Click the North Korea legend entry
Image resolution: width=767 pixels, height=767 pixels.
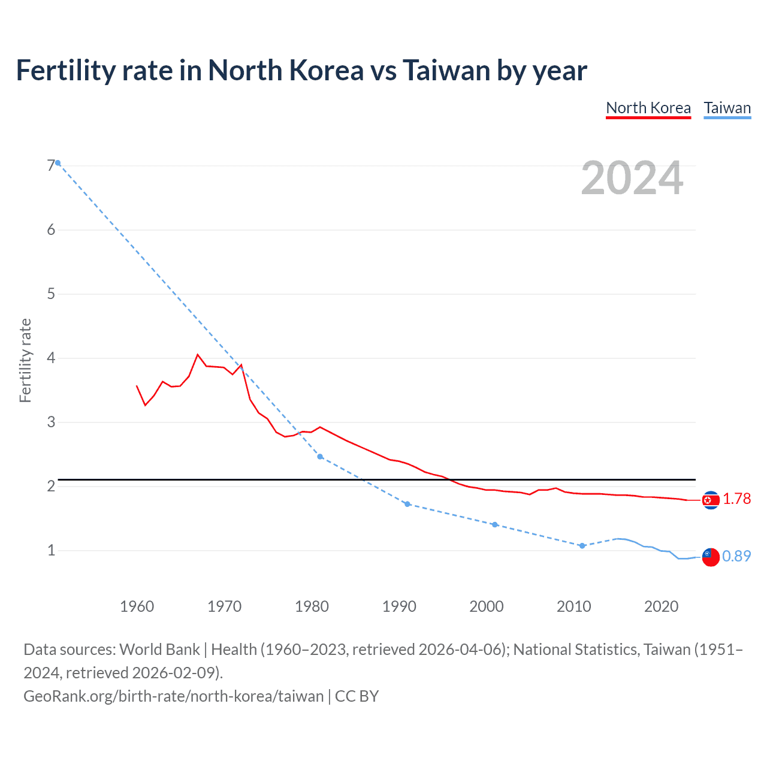coord(648,108)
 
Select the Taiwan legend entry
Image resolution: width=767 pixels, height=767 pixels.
coord(727,108)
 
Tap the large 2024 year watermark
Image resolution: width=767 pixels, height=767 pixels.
coord(632,178)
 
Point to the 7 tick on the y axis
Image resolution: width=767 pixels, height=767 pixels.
coord(51,166)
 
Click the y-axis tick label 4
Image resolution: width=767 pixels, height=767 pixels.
coord(51,358)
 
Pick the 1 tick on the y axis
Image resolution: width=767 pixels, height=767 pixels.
coord(51,550)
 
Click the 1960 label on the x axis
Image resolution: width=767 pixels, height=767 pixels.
coord(137,606)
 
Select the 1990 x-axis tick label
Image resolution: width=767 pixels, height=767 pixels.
coord(399,606)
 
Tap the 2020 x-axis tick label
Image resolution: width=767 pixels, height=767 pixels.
coord(661,606)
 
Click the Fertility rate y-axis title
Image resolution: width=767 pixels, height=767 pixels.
coord(25,361)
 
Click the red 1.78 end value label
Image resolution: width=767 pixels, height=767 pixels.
coord(736,499)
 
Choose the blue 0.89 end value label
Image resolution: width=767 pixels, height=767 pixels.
coord(736,556)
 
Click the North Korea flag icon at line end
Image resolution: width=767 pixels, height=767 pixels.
coord(711,500)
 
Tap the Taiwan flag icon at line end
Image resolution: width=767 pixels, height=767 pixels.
coord(711,557)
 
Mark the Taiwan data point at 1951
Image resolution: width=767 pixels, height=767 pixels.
coord(58,163)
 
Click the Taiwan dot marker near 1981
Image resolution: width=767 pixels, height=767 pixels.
coord(320,457)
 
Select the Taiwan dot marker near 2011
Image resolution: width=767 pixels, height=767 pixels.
coord(582,546)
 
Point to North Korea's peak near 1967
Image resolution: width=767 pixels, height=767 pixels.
coord(198,355)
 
